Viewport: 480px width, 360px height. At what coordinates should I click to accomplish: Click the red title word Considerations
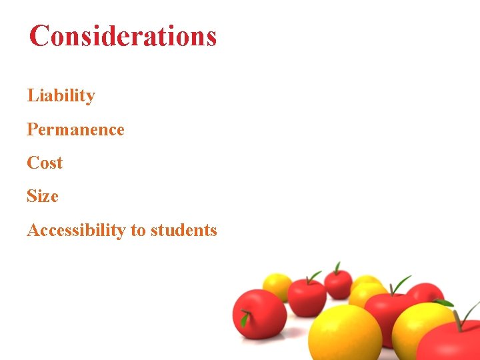(123, 36)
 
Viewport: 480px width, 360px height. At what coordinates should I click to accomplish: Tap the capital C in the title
(39, 36)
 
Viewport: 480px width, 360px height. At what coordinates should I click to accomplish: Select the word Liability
(61, 96)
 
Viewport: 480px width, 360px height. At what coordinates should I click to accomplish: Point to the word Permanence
(75, 129)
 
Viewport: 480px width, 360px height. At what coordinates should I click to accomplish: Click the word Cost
(45, 163)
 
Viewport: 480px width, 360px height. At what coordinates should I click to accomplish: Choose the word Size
(43, 197)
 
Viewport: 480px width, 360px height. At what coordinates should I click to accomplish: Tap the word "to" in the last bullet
(138, 231)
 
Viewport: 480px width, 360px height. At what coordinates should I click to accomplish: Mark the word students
(184, 231)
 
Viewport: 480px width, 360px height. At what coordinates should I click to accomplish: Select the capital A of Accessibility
(33, 231)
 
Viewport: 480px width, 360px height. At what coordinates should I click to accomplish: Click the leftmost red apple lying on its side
(259, 313)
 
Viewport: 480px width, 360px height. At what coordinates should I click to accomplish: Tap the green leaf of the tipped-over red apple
(245, 319)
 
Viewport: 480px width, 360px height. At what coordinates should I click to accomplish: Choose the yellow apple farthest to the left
(277, 286)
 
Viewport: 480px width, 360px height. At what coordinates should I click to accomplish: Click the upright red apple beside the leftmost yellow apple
(307, 296)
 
